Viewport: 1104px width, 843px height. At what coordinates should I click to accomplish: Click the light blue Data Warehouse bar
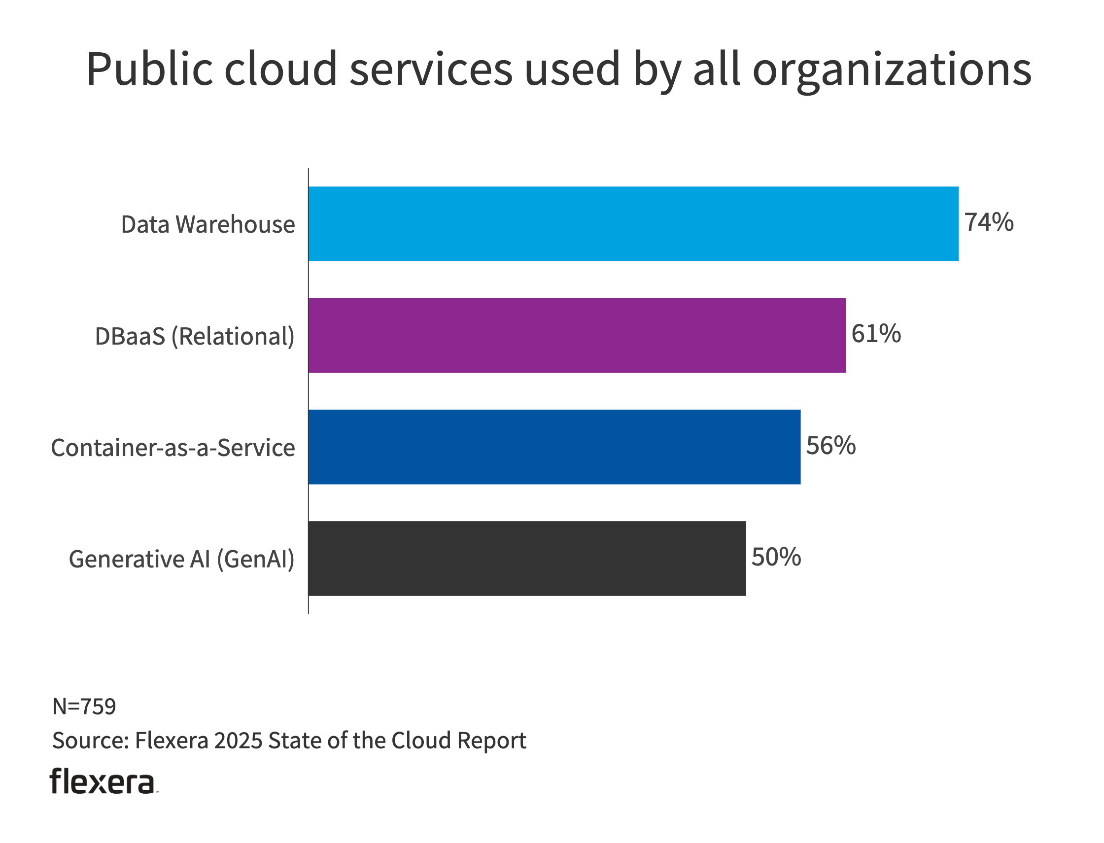click(633, 224)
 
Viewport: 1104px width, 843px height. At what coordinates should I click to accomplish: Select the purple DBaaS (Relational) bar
click(577, 335)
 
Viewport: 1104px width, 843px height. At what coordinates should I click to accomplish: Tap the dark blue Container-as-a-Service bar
click(554, 447)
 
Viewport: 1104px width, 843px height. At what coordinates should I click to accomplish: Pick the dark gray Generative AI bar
click(527, 559)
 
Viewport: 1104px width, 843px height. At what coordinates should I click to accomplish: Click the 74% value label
click(989, 222)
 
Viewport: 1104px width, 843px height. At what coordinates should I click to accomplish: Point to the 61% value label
click(876, 334)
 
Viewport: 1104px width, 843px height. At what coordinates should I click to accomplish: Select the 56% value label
click(830, 446)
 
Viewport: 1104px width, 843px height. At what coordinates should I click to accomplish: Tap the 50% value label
click(776, 557)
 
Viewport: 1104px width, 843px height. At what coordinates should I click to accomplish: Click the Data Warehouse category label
click(207, 224)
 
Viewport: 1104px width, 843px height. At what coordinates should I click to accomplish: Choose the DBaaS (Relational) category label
click(195, 336)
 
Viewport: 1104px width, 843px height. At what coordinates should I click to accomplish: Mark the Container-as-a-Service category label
click(173, 448)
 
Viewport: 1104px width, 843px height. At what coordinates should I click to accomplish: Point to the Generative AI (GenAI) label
click(181, 559)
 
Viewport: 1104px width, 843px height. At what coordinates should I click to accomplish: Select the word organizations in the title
click(892, 70)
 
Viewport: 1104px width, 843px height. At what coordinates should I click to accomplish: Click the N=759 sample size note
click(84, 706)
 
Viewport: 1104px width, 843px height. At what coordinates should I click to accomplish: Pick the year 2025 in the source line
click(238, 740)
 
